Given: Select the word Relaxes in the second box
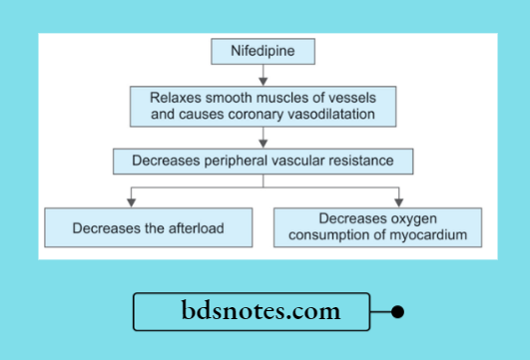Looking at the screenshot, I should pos(175,99).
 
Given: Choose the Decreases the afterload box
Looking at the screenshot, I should pos(147,227).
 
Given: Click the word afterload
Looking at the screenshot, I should pos(190,227).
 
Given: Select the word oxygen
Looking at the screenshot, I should pos(413,219).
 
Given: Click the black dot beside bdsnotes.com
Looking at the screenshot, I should pos(397,312).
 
